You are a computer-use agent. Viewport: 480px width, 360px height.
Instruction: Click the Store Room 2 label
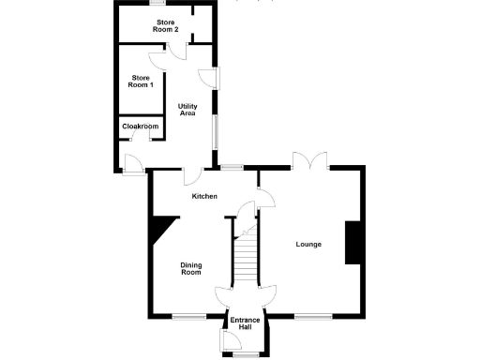[166, 25]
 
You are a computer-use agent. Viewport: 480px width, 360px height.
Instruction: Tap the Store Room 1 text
[141, 82]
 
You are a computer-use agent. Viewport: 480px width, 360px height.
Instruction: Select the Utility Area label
[187, 110]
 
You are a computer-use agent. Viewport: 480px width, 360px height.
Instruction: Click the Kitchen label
[205, 196]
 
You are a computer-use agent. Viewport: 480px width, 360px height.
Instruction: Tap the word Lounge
[308, 245]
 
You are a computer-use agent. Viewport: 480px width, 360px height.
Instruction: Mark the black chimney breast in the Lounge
[354, 243]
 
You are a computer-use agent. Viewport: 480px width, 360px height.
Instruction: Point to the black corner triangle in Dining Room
[162, 226]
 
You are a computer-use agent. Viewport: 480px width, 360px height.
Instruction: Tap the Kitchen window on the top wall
[231, 167]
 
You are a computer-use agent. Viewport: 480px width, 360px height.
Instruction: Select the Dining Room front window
[188, 315]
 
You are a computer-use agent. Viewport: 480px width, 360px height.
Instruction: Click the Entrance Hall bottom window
[246, 355]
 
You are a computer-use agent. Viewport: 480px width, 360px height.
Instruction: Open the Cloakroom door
[139, 136]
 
